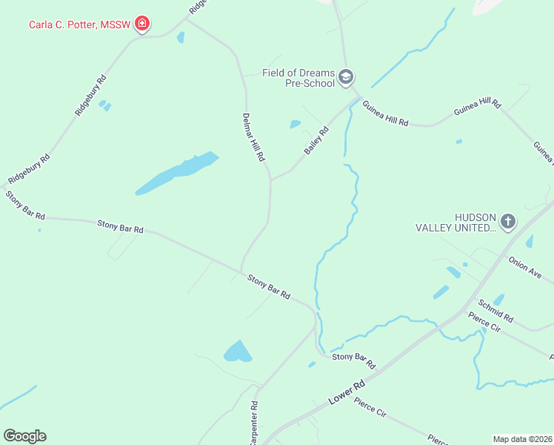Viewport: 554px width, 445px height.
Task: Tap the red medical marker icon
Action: click(142, 25)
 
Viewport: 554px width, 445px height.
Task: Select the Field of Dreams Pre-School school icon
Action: click(345, 77)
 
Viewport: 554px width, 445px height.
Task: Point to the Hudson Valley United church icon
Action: click(507, 221)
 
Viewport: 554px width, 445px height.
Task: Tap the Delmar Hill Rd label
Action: click(253, 137)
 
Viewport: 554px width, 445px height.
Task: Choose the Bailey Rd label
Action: click(316, 140)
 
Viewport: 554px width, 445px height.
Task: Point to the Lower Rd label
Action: click(347, 395)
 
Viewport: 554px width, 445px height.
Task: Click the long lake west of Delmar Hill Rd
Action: click(177, 174)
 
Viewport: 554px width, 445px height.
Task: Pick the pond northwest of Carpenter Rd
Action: click(238, 351)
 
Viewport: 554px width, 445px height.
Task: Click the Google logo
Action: click(24, 436)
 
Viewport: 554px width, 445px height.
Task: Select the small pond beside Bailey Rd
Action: click(296, 124)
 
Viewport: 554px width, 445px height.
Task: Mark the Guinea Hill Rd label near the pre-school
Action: click(385, 113)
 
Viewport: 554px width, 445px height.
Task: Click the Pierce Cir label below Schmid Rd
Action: click(485, 324)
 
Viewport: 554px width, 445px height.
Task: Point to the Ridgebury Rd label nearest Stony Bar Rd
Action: click(29, 170)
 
